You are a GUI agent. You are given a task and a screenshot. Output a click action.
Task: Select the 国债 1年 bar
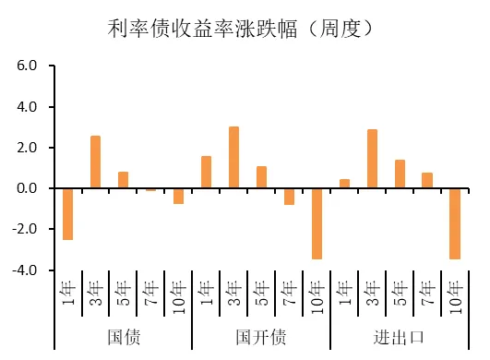coord(67,213)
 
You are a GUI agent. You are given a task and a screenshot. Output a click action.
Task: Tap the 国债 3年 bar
coord(95,162)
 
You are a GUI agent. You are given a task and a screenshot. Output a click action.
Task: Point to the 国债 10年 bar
coord(178,196)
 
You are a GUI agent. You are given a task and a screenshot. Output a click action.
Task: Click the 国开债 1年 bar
coord(206,173)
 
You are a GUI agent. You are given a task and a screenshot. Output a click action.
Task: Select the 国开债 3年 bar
coord(233,158)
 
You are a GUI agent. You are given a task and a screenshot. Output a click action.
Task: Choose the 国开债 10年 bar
coord(317,223)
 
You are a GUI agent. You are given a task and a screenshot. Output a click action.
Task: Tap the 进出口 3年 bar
coord(372,159)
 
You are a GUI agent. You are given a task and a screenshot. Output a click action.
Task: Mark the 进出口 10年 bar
coord(455,223)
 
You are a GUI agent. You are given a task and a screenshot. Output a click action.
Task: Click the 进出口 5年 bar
coord(400,174)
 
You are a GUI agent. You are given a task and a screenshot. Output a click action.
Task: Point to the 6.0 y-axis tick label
coord(25,66)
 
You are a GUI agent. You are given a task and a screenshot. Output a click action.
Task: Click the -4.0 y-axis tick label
coord(23,270)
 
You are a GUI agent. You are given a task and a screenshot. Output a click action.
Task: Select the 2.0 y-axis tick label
coord(25,148)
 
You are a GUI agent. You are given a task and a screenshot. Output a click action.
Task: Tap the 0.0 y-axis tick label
coord(25,188)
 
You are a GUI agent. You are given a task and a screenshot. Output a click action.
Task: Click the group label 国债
coord(123,336)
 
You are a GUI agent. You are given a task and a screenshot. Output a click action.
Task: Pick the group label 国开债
coord(261,336)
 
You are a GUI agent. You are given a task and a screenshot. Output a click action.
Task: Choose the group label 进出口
coord(400,336)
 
